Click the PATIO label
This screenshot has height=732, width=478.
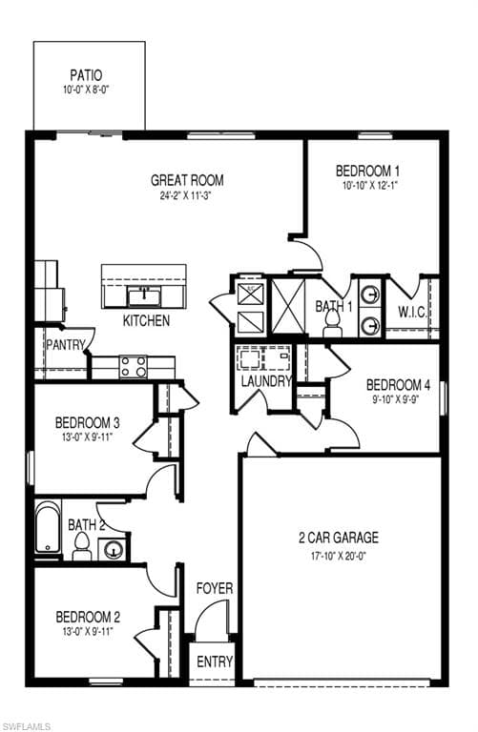point(89,74)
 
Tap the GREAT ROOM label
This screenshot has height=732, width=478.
point(187,179)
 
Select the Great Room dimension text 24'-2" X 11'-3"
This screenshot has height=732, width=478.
point(187,196)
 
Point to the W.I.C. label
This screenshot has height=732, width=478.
point(412,312)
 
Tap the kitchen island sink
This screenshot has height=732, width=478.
point(145,295)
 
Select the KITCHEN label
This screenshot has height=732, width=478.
point(146,321)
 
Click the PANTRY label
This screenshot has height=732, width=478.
point(65,345)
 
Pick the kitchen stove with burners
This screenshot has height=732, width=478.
point(133,366)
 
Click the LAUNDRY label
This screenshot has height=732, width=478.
point(266,381)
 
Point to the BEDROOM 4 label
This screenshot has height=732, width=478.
point(399,385)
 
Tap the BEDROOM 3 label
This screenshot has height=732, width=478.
point(87,422)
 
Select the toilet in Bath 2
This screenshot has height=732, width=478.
point(82,545)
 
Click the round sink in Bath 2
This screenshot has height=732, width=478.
point(113,549)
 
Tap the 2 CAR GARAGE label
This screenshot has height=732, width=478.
point(339,538)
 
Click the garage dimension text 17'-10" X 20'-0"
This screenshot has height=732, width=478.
point(339,555)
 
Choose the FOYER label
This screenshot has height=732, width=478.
point(215,589)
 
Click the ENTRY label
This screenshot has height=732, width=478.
point(214,662)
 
